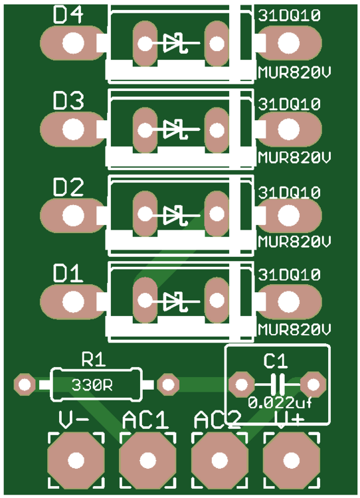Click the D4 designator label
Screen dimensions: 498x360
(x=68, y=15)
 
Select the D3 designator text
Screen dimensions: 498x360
(x=68, y=102)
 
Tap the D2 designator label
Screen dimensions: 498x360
(x=68, y=188)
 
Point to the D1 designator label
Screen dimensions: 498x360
(x=68, y=273)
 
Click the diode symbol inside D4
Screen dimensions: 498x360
(x=175, y=44)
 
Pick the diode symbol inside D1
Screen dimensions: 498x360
(x=175, y=301)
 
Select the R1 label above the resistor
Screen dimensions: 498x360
(x=94, y=360)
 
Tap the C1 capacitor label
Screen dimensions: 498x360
(x=276, y=361)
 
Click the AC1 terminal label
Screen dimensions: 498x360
(x=145, y=420)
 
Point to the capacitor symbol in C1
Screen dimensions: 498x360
(x=276, y=384)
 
